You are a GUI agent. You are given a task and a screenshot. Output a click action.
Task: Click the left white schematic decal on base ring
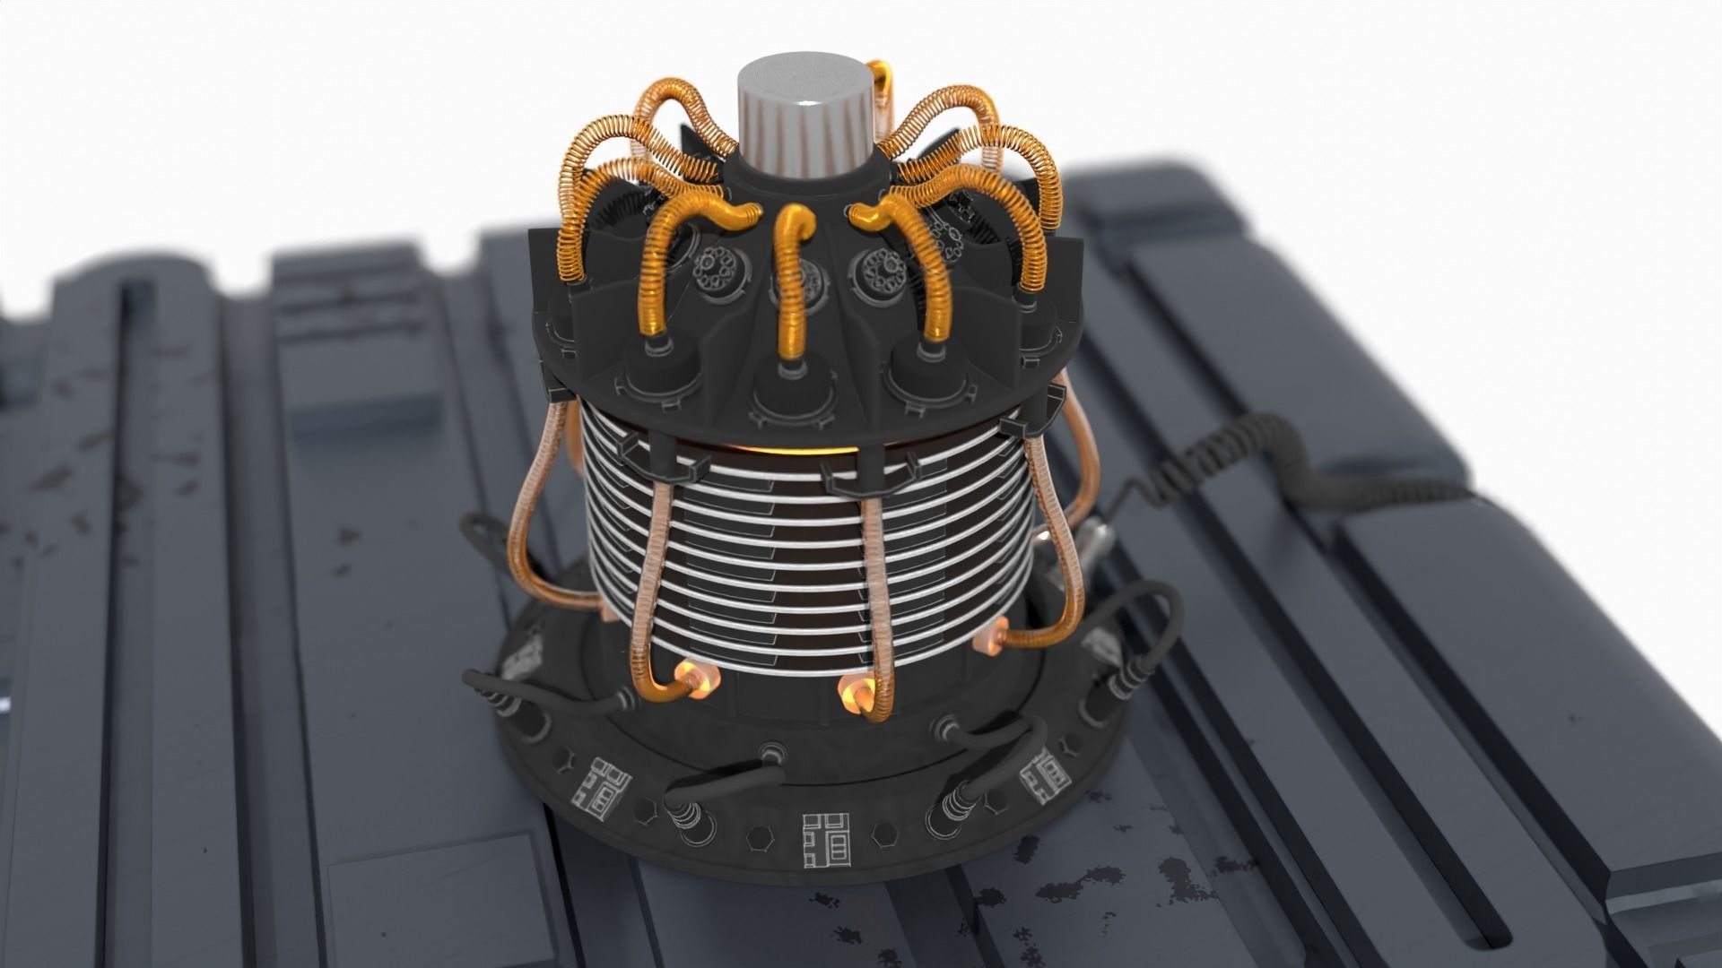598,787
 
